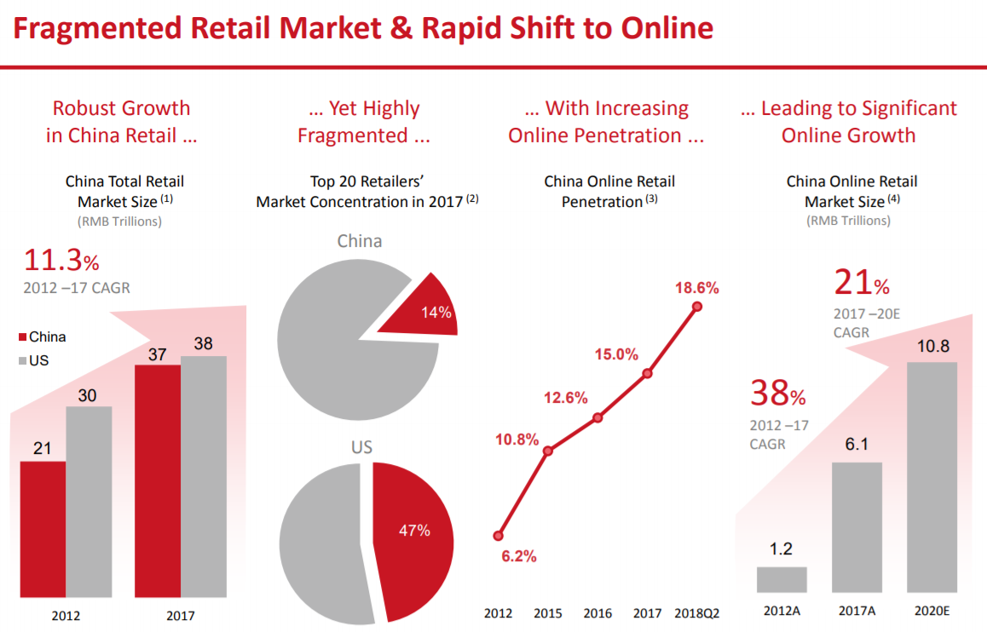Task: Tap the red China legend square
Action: [x=23, y=337]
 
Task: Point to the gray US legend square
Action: [x=23, y=361]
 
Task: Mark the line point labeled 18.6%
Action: [x=697, y=307]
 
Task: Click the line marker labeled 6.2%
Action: [x=498, y=536]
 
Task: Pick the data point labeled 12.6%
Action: [x=597, y=417]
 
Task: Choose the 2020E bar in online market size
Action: [x=932, y=477]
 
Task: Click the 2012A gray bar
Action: [x=782, y=579]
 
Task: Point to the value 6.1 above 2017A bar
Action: [x=857, y=444]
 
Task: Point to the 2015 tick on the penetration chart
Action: [x=548, y=613]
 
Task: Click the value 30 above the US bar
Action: [x=89, y=395]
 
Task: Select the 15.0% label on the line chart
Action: [x=615, y=354]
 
